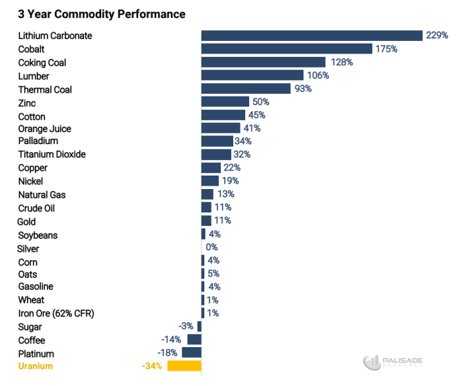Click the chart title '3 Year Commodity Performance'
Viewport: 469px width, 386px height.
click(102, 13)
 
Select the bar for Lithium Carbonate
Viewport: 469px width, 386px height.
click(312, 36)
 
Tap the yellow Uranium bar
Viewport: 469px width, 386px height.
click(184, 366)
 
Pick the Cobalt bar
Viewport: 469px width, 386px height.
click(287, 49)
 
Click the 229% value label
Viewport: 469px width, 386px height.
click(437, 36)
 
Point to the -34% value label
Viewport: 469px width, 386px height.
click(151, 366)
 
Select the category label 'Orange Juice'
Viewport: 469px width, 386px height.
click(44, 129)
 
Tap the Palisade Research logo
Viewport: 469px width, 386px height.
click(393, 363)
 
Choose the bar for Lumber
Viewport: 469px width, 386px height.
click(253, 75)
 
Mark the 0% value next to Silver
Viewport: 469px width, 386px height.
click(212, 247)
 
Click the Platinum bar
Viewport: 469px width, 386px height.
click(192, 352)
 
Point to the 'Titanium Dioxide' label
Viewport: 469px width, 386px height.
click(52, 154)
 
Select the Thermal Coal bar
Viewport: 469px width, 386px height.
click(246, 88)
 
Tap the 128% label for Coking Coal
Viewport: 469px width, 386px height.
click(341, 62)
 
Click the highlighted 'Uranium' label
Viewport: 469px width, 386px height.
click(35, 366)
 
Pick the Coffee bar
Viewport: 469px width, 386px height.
click(194, 340)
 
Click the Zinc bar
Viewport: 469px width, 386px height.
click(225, 102)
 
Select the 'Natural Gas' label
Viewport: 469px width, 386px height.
click(42, 194)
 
